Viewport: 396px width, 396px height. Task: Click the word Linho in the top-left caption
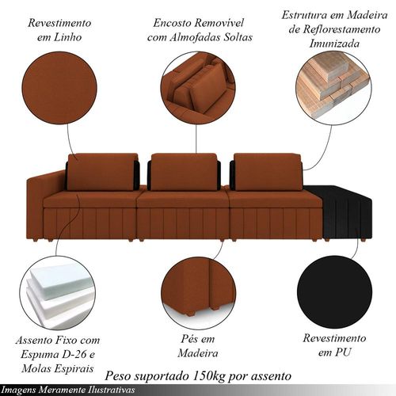point(67,37)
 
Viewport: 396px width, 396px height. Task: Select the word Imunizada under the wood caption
point(334,44)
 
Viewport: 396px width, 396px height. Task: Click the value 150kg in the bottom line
point(209,376)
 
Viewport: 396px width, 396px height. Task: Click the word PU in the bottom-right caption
point(344,352)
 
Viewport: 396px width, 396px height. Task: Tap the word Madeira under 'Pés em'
point(198,353)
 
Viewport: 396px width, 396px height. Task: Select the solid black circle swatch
point(335,293)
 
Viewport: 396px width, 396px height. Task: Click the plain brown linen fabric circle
point(59,88)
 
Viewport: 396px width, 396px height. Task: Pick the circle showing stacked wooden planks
point(333,87)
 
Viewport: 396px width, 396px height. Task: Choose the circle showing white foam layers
point(58,292)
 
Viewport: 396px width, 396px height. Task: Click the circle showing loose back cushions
point(198,87)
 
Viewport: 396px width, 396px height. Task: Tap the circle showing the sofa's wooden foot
point(198,292)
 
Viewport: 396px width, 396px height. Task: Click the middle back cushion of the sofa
point(184,172)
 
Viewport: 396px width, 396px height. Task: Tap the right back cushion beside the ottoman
point(268,172)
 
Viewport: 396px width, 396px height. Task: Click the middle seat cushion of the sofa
point(183,200)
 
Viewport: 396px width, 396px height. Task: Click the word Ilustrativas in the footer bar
point(113,390)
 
